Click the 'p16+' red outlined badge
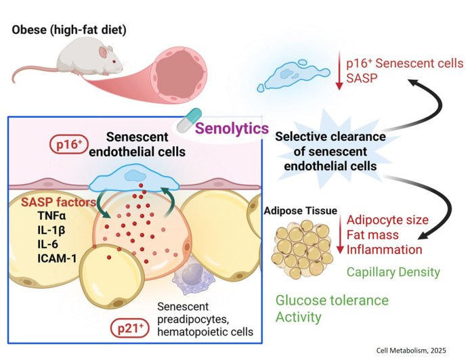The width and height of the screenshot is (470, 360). point(67,143)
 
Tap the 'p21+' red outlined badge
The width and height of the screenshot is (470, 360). point(129,330)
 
